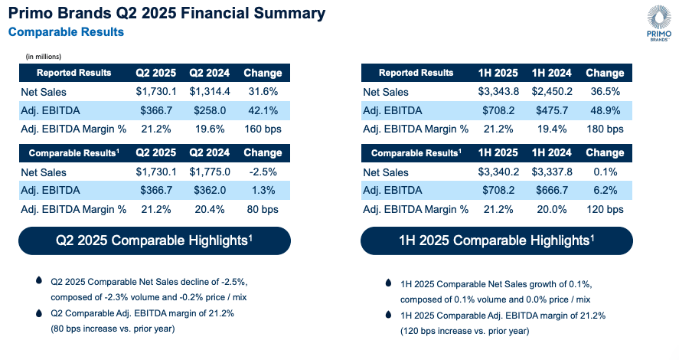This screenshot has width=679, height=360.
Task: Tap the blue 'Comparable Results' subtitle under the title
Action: click(66, 32)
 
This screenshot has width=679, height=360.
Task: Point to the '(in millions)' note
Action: click(44, 57)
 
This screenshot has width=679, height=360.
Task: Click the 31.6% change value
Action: click(263, 92)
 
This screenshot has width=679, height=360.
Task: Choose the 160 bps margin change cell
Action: click(263, 129)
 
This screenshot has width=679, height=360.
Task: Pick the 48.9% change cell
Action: click(605, 110)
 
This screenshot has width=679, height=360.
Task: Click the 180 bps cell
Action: click(605, 129)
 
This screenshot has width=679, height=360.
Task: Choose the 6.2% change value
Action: click(605, 191)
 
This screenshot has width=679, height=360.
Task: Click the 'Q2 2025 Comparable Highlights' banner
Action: click(155, 241)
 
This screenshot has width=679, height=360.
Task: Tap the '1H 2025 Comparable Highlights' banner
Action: click(497, 241)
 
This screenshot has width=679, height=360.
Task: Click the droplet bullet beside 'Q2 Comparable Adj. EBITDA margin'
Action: click(39, 313)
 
